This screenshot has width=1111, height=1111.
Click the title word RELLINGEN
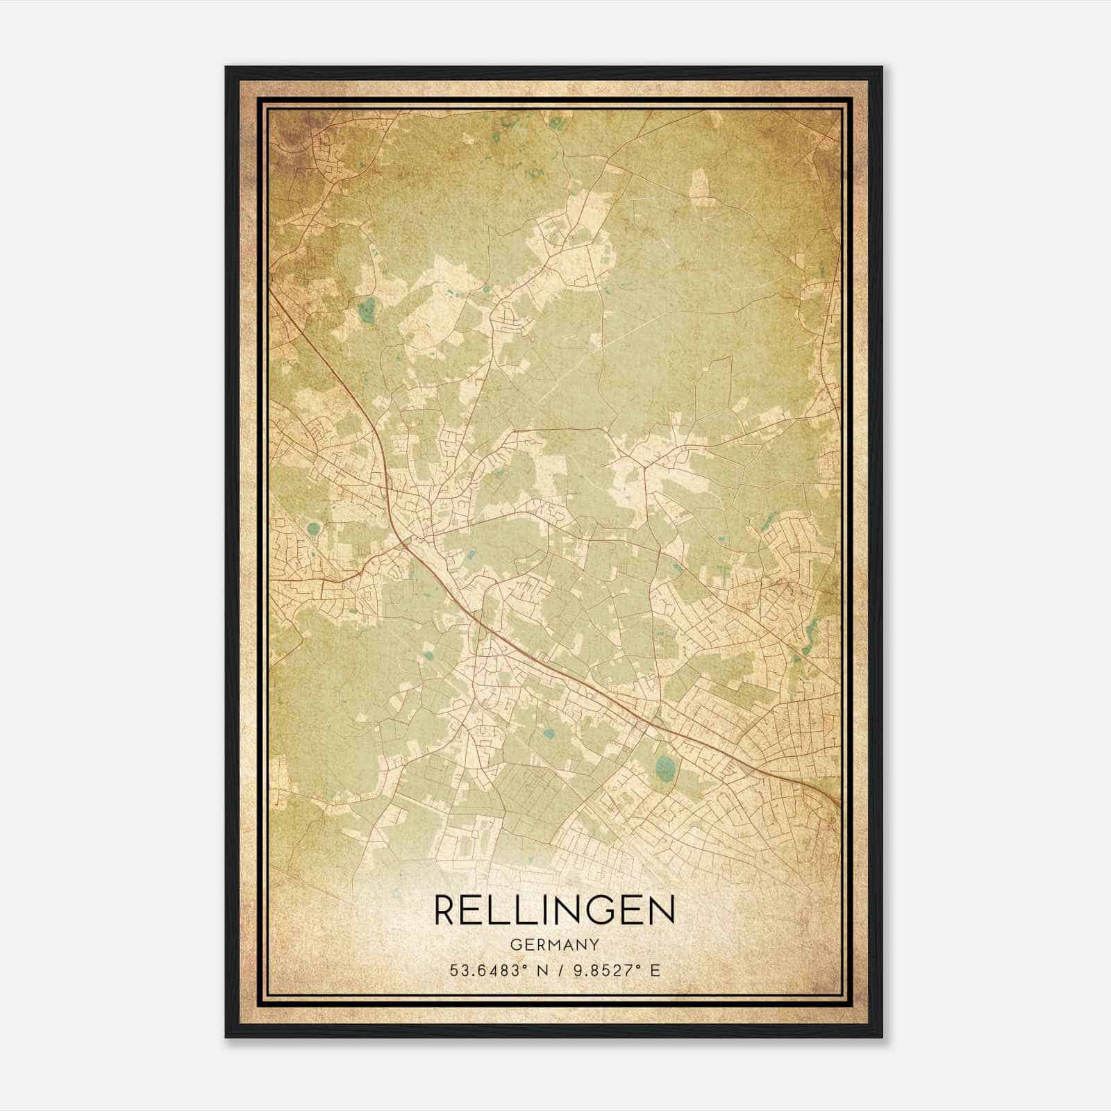tap(554, 910)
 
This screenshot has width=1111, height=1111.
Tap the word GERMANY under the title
tap(554, 945)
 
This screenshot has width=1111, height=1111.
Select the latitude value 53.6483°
tap(485, 971)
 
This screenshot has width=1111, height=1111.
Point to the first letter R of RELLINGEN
tap(446, 910)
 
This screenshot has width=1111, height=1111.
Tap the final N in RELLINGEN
tap(662, 910)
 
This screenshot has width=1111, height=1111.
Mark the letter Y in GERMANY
tap(594, 945)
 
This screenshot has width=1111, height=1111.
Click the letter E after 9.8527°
tap(655, 971)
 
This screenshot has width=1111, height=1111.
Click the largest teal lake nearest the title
tap(665, 767)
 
